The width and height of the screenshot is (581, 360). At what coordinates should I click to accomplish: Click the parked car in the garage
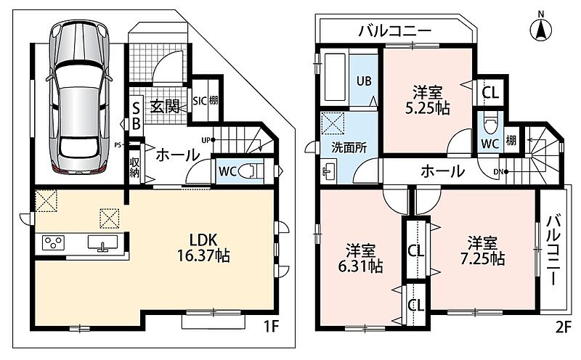pos(79,97)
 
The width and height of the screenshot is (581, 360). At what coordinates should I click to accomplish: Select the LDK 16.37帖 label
pos(203,247)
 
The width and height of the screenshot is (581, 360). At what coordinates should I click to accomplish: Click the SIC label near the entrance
pos(200,100)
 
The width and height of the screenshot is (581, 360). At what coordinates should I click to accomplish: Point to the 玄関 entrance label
pos(165,107)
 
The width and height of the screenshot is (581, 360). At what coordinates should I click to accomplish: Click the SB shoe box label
pos(136,116)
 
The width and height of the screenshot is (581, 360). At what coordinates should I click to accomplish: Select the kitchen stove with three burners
pos(53,243)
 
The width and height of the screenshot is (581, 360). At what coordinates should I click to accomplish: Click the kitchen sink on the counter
pos(102,242)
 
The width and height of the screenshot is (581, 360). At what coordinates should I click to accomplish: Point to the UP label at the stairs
pos(206,140)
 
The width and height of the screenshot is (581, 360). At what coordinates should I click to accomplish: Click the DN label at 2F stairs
pos(498,172)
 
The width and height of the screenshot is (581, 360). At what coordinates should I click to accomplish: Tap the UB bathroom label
pos(364,81)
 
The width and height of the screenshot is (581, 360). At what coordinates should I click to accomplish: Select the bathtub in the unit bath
pos(335,78)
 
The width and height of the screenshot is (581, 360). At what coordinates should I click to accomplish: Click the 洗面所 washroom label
pos(349,148)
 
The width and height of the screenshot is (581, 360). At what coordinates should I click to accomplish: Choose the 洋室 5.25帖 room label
pos(428,99)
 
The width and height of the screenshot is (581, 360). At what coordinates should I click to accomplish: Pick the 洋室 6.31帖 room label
pos(360,258)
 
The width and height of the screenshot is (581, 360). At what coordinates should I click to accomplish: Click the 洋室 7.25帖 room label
pos(482,251)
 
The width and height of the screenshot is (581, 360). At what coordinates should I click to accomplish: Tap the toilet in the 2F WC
pos(490,124)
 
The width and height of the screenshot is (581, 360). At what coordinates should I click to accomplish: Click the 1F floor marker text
pos(271,327)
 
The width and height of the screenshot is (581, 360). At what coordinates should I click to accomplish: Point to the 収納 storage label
pos(134,168)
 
